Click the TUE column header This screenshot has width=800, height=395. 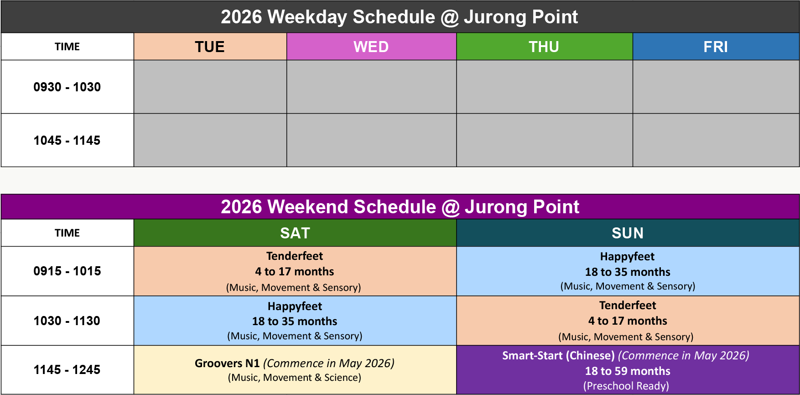tap(210, 47)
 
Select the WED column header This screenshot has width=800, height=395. tap(371, 47)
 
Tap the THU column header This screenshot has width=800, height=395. tap(544, 47)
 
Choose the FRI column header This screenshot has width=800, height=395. tap(716, 47)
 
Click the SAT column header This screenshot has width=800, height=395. tap(295, 233)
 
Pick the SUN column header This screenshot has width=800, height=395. tap(628, 233)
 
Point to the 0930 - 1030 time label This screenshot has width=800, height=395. tap(67, 87)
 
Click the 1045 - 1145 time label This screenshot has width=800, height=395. tap(67, 140)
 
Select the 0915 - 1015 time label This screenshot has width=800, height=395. tap(67, 271)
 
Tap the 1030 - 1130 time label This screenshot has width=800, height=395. tap(67, 321)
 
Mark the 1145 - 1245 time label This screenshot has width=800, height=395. tap(67, 369)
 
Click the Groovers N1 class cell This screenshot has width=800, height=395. tap(295, 370)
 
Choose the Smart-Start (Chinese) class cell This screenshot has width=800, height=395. tap(628, 370)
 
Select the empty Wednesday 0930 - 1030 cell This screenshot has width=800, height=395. tap(371, 87)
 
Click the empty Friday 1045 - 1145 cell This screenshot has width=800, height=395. tap(716, 140)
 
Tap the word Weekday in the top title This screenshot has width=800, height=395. tap(306, 17)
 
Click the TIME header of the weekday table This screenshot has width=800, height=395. tap(67, 47)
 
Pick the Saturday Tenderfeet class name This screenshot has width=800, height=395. tap(295, 256)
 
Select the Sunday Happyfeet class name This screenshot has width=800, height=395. tap(627, 257)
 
